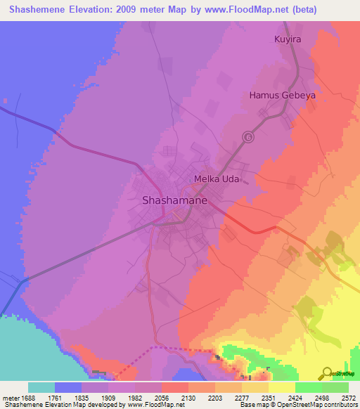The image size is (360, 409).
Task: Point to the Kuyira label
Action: tap(287, 39)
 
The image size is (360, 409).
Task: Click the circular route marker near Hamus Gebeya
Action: tap(247, 137)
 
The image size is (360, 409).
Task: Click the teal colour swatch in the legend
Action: tap(41, 387)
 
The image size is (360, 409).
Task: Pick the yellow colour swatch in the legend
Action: tap(281, 387)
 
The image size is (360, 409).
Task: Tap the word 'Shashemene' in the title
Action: tap(36, 10)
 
